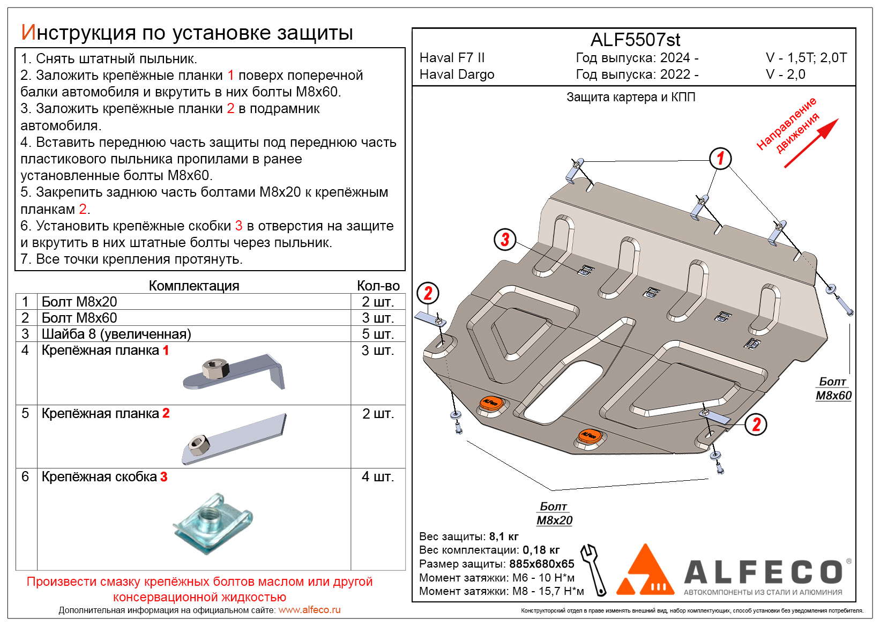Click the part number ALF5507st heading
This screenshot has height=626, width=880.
635,40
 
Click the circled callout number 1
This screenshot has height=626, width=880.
720,158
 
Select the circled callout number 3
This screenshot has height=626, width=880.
505,240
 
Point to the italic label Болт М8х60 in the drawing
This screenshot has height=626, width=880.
833,389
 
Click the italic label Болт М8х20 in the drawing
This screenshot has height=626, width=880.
554,513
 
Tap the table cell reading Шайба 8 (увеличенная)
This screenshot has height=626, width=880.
116,334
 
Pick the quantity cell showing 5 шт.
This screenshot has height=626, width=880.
377,334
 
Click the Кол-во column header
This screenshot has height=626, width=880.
378,286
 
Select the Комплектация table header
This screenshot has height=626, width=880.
193,286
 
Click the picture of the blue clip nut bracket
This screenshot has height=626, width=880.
213,523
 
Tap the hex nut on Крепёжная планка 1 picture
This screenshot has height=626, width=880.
215,369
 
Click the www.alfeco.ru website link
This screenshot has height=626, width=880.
309,610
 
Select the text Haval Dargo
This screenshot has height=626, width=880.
457,74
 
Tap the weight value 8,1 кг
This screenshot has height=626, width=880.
504,536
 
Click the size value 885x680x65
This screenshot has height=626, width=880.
541,564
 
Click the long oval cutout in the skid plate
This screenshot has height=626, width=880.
563,390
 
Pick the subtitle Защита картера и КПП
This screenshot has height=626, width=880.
631,97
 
